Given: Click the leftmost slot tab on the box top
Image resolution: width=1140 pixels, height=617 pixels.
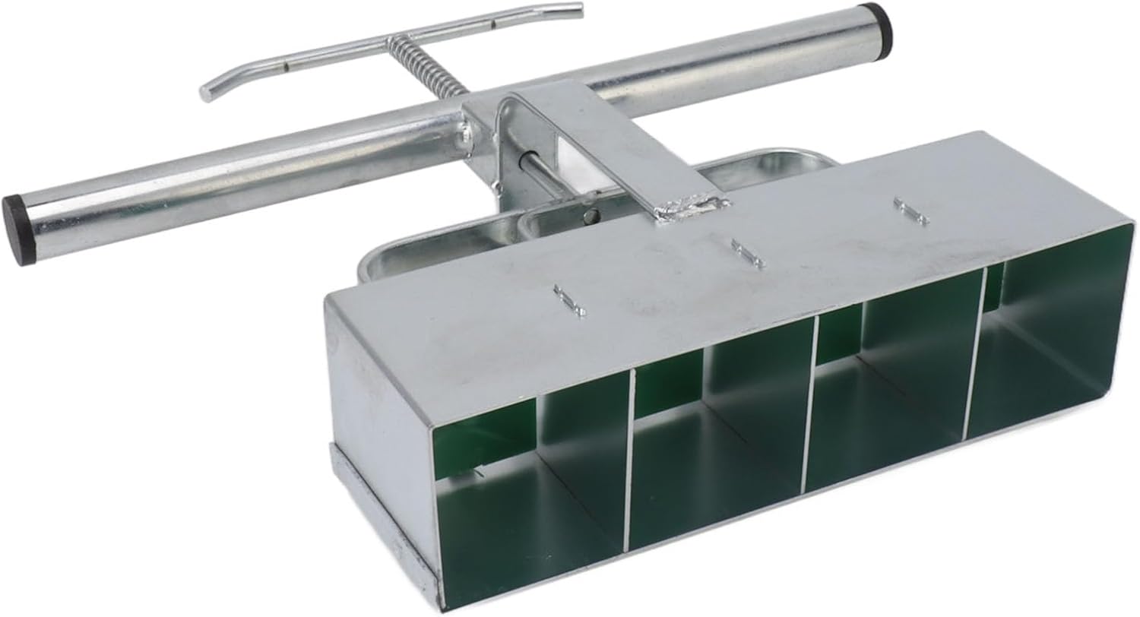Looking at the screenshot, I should click(x=569, y=301).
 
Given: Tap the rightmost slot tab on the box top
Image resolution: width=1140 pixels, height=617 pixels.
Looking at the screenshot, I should click(x=910, y=210).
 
